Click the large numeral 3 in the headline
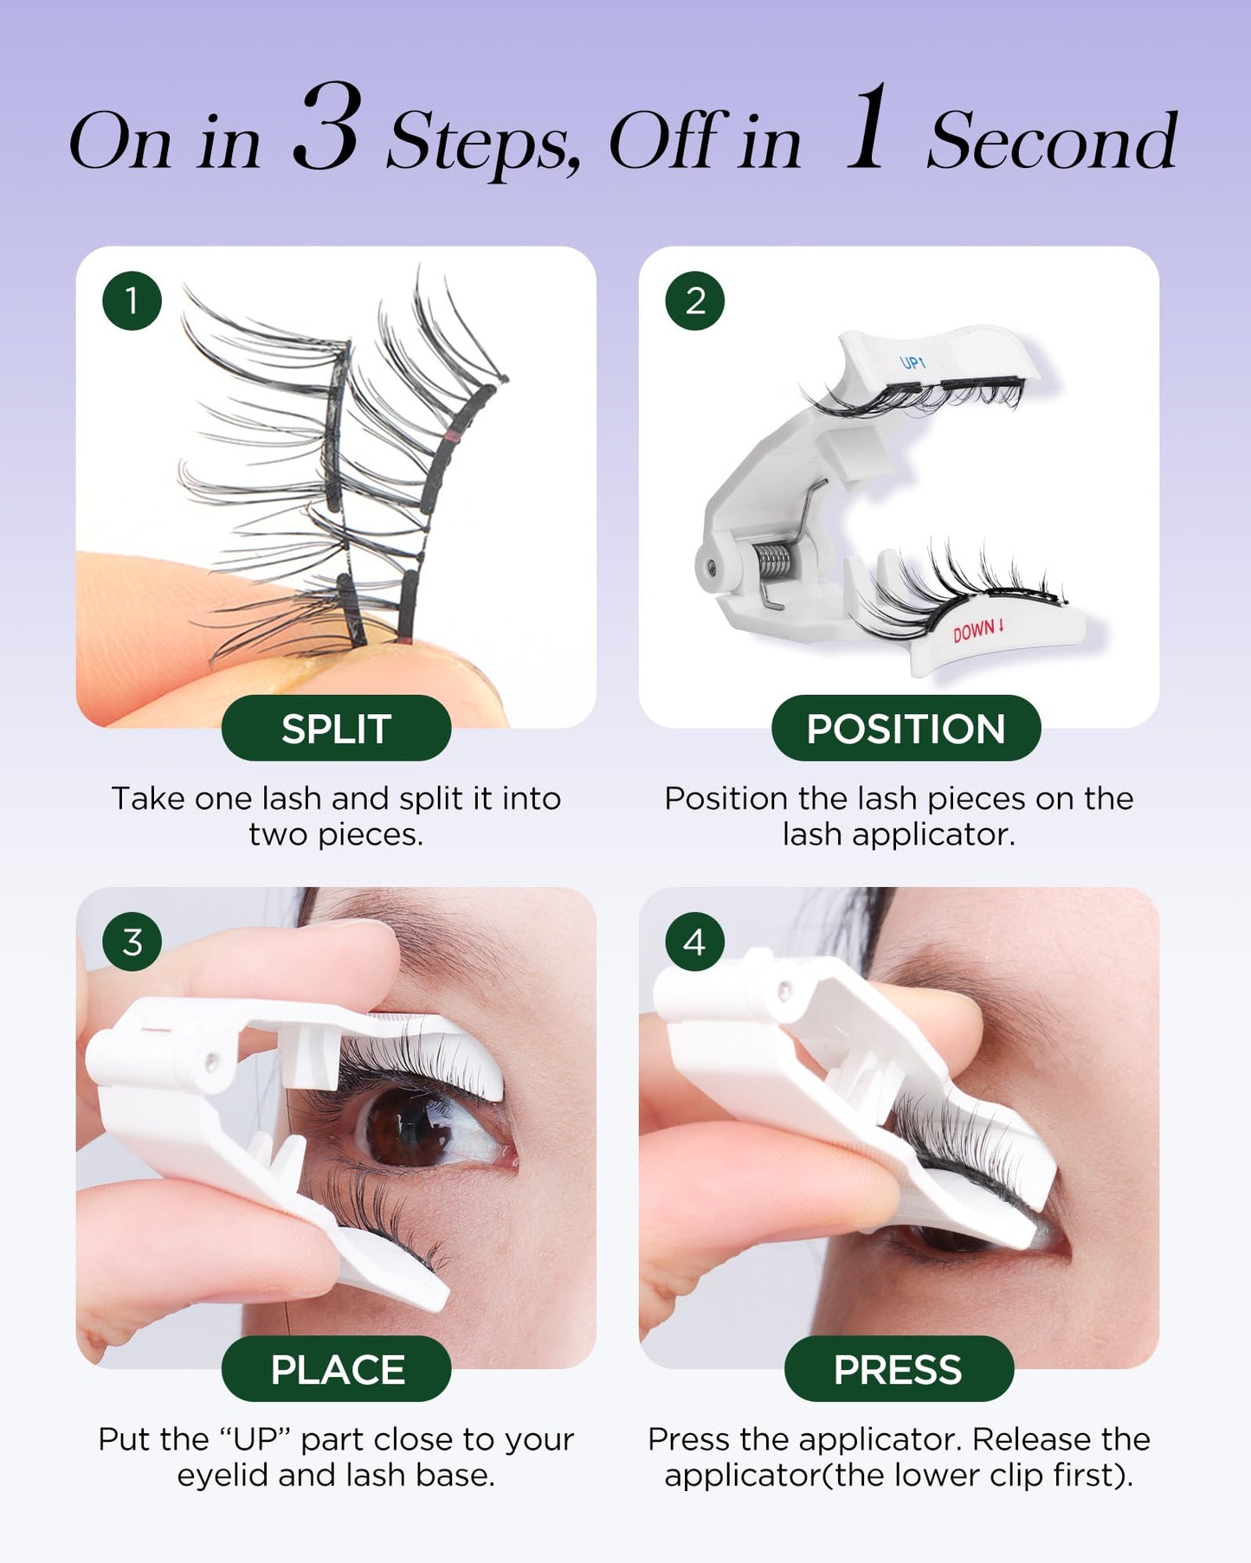(x=326, y=130)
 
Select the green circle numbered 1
(x=132, y=301)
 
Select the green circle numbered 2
(x=694, y=301)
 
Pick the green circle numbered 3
(x=132, y=942)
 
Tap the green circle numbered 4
(x=694, y=942)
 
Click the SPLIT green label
(x=336, y=729)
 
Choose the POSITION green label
(x=906, y=729)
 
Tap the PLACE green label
(x=336, y=1369)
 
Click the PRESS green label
(x=898, y=1369)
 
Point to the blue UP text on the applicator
(x=912, y=362)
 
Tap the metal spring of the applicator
(x=774, y=561)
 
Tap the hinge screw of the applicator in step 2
(x=711, y=567)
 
